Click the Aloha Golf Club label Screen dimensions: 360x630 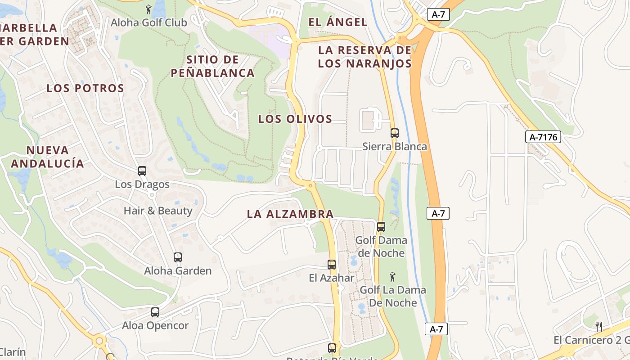(x=149, y=22)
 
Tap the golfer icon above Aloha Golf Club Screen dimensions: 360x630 (x=148, y=9)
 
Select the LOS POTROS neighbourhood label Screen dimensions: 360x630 (x=85, y=88)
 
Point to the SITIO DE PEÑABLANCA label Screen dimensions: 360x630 (x=213, y=66)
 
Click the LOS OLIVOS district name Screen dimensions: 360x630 (x=295, y=119)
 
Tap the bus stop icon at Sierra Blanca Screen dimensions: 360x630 (x=395, y=133)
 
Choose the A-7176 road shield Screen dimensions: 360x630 (x=543, y=137)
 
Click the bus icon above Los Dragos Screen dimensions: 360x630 (x=142, y=171)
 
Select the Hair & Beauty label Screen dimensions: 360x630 (x=158, y=211)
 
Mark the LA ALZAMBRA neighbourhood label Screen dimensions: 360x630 (x=290, y=214)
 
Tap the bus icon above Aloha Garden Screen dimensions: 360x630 (x=178, y=257)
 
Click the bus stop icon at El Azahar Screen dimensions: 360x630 (x=332, y=265)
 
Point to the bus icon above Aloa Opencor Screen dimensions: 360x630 (x=155, y=312)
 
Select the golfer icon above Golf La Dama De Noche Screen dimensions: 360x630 (x=392, y=277)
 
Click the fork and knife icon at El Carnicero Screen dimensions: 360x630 (x=599, y=326)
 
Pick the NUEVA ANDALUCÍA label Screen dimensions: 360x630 (x=47, y=157)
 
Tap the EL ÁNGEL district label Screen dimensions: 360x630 (x=337, y=22)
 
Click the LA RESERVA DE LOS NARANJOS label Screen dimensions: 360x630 (x=364, y=57)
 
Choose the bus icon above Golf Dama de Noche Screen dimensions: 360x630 (x=381, y=227)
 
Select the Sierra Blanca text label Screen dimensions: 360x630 (x=395, y=147)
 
